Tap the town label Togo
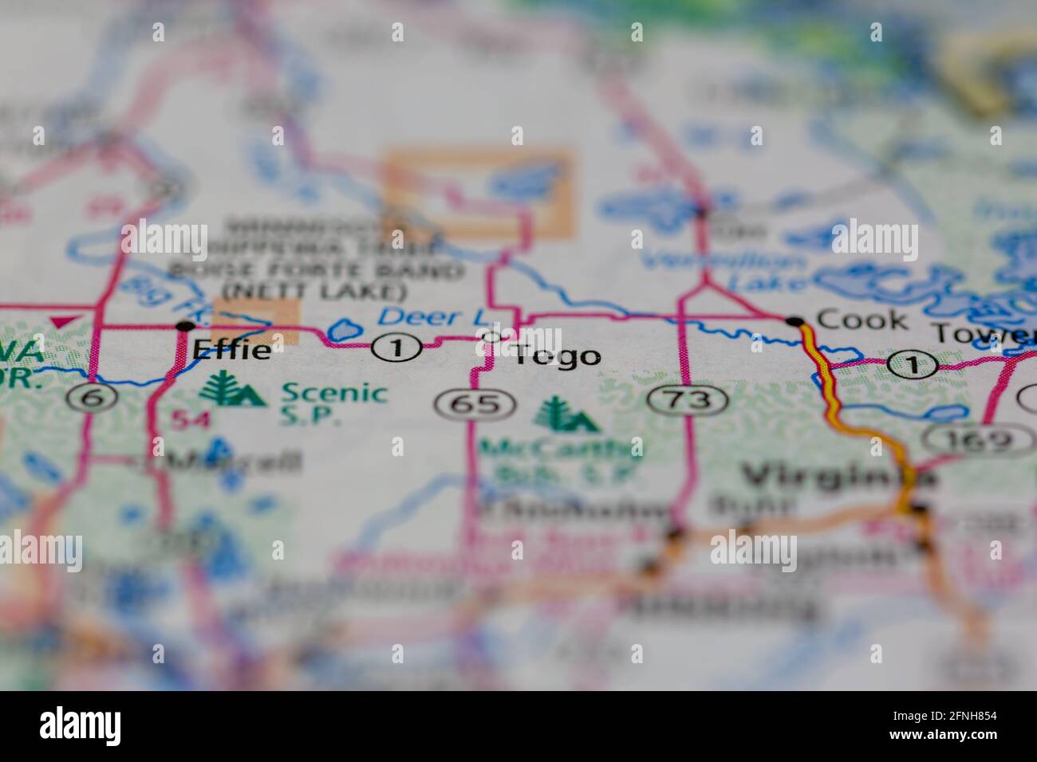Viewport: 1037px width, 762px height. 557,355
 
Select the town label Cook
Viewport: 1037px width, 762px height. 862,320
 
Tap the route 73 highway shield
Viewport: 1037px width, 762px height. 688,399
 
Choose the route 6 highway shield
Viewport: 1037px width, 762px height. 93,397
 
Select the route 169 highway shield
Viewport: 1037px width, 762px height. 968,438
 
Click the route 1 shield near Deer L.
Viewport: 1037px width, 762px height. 396,348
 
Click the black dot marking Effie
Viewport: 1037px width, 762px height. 185,325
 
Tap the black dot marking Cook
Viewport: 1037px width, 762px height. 795,321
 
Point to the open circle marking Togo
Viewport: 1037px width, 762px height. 493,336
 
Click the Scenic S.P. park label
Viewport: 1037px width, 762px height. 334,403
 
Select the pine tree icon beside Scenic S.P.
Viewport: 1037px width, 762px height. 231,391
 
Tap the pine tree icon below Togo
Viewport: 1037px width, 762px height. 565,414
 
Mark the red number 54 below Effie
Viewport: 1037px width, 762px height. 192,419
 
